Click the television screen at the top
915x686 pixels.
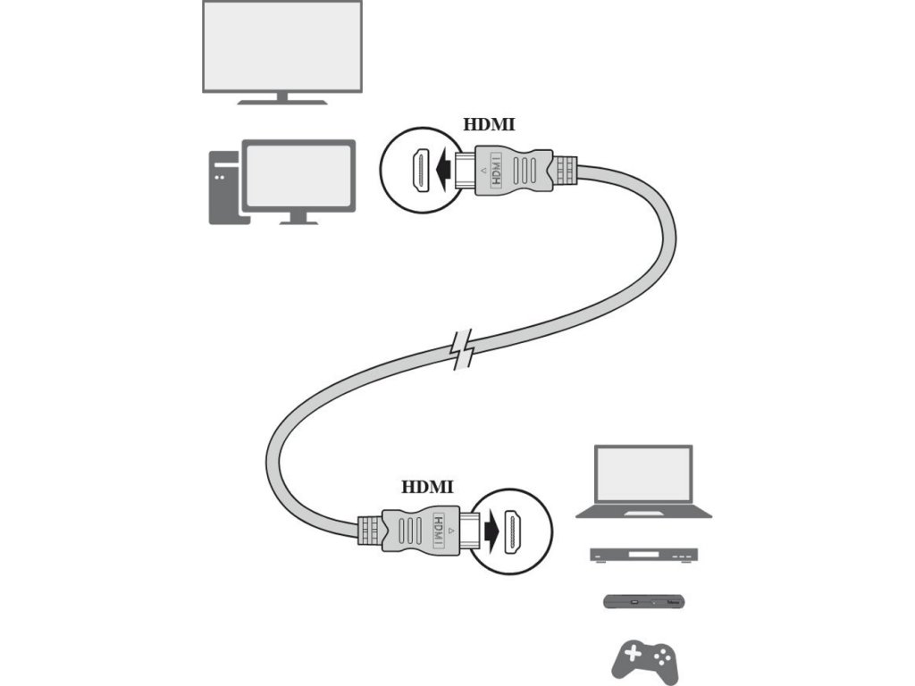281,46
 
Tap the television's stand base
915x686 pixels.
281,102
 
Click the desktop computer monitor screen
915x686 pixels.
299,174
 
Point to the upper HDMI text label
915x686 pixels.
490,125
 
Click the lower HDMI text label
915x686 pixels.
427,487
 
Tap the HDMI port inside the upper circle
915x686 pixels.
417,170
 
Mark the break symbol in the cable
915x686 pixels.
462,350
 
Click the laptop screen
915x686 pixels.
643,474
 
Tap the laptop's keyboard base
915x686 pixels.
643,512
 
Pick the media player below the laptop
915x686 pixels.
643,555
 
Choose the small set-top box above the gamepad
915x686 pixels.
643,601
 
